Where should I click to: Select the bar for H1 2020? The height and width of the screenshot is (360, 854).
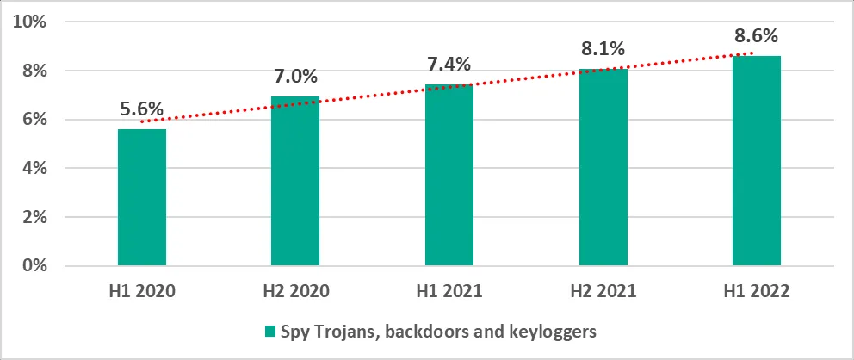tap(141, 197)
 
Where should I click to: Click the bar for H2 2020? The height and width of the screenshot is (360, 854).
tap(295, 181)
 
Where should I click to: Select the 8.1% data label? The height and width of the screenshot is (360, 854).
tap(603, 50)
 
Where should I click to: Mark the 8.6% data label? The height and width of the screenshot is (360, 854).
tap(757, 36)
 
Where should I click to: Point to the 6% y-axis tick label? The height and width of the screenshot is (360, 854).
tap(34, 120)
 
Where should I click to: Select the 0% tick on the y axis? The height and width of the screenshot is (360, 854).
tap(34, 266)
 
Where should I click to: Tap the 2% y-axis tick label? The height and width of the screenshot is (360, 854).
tap(34, 217)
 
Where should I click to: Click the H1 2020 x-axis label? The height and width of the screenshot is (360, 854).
tap(141, 292)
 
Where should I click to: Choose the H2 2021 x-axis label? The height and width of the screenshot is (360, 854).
tap(603, 292)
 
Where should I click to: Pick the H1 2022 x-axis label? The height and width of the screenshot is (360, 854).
tap(757, 292)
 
